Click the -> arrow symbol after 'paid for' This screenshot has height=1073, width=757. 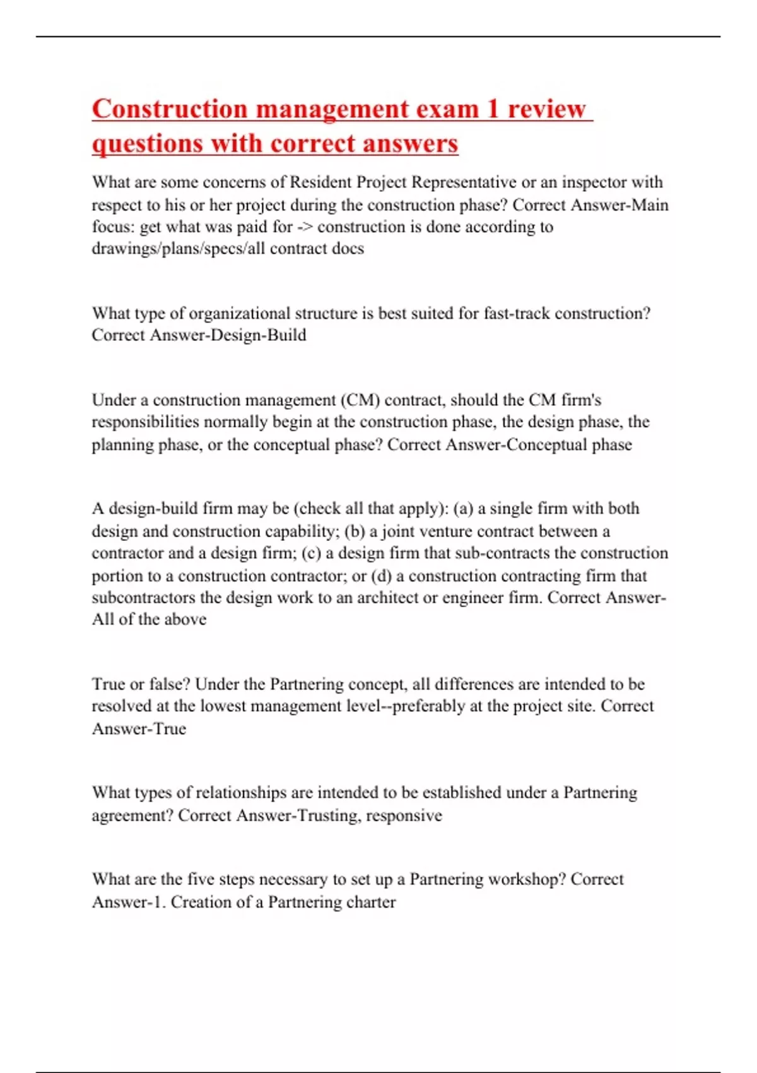(305, 227)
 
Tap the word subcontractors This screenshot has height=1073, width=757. (144, 598)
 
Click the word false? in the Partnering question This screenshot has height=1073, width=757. (170, 684)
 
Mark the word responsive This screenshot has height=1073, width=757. (404, 815)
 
